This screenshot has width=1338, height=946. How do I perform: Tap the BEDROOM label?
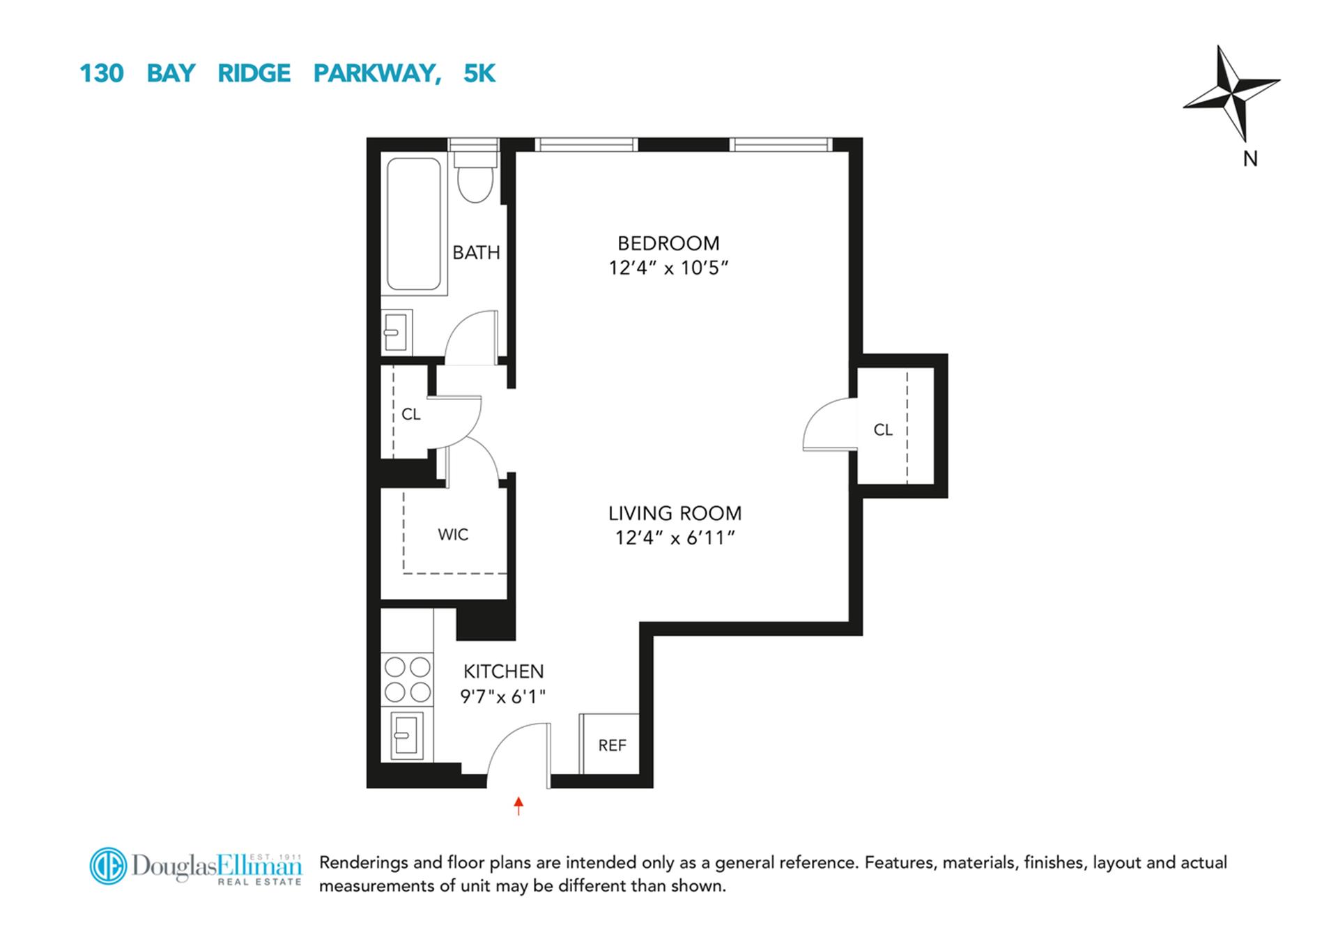(x=668, y=243)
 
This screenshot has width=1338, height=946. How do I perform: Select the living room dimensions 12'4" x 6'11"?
(x=675, y=538)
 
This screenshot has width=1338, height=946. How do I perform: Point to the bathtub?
(x=414, y=224)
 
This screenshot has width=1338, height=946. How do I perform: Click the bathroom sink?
(x=396, y=333)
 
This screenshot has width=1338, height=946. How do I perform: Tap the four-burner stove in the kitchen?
(x=408, y=679)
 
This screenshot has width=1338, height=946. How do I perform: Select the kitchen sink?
(x=406, y=736)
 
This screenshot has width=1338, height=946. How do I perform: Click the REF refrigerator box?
(x=610, y=745)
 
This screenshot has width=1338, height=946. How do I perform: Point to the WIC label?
(x=453, y=535)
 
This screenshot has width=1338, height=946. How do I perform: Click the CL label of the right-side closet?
(x=882, y=430)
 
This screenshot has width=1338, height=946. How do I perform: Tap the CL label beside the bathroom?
(x=410, y=414)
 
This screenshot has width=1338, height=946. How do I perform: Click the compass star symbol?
(x=1232, y=91)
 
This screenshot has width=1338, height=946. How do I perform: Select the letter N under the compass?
(x=1250, y=159)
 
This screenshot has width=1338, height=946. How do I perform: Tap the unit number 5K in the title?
(x=479, y=73)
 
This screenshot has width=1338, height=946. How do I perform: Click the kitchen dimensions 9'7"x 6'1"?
(x=502, y=696)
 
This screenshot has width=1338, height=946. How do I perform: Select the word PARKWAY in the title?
(x=376, y=73)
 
